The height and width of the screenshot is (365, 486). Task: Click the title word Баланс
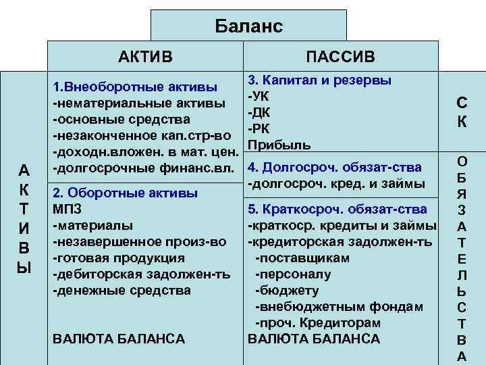[x=248, y=26]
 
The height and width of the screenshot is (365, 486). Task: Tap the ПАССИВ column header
[x=340, y=56]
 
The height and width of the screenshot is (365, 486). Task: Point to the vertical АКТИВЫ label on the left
[x=24, y=217]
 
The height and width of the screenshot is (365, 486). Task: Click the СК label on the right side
[x=462, y=112]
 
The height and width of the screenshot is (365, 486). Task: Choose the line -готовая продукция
[x=118, y=258]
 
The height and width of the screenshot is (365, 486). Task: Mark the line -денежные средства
[x=121, y=291]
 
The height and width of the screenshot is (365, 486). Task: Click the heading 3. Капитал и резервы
[x=319, y=80]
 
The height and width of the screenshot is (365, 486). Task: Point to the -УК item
[x=259, y=97]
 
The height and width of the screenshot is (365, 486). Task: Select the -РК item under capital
[x=259, y=129]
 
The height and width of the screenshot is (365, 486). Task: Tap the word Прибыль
[x=279, y=145]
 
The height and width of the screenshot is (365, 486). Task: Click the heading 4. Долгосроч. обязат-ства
[x=335, y=167]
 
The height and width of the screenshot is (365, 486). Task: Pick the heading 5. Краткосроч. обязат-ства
[x=337, y=209]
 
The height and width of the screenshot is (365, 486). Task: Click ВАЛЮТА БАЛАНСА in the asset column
[x=118, y=338]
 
